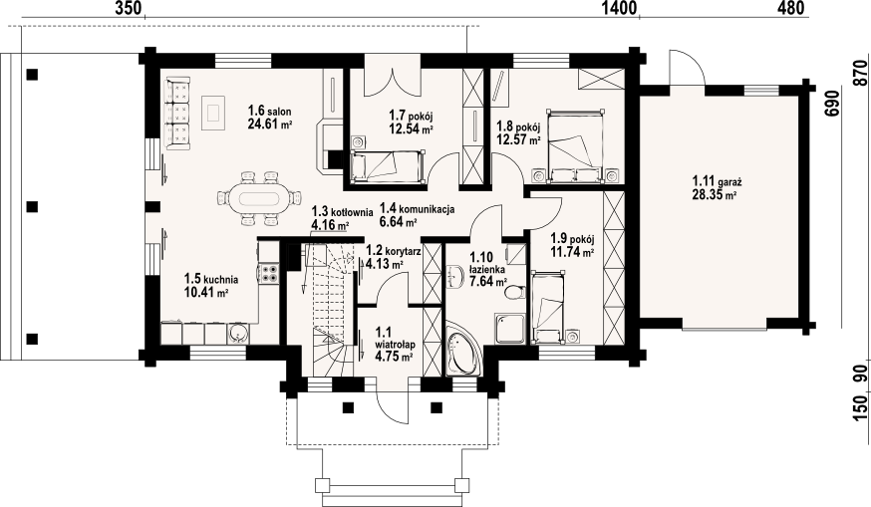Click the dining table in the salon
point(259,198)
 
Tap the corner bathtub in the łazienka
point(462,349)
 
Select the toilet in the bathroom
point(515,292)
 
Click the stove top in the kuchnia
point(269,273)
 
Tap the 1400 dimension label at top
point(619,8)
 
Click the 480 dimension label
point(790,8)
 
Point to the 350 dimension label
point(129,8)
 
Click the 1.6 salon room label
point(269,112)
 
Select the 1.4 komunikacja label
point(418,209)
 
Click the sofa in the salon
point(177,114)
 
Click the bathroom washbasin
point(455,277)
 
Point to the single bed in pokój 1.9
point(548,306)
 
